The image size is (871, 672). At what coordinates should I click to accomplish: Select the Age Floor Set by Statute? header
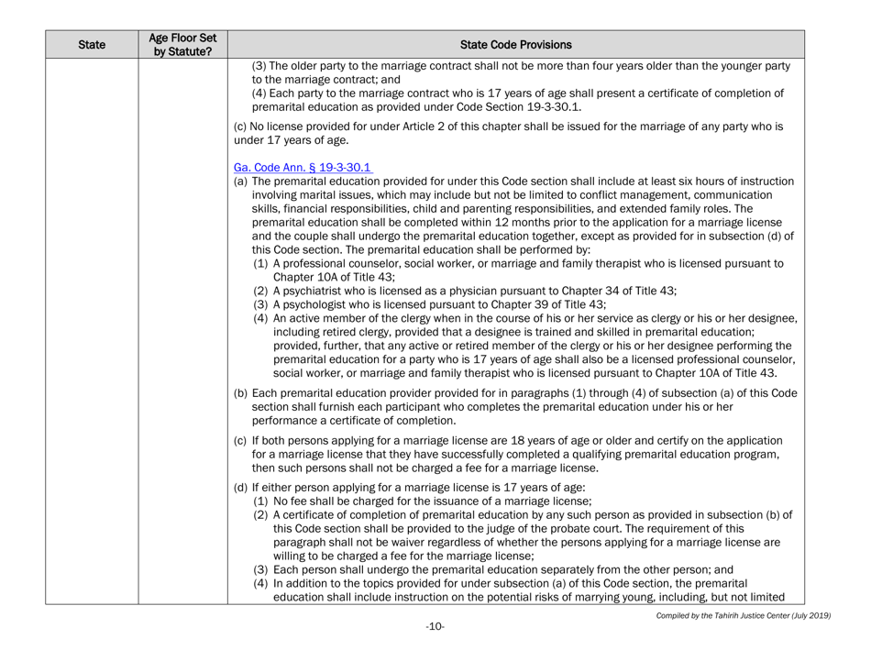click(x=181, y=42)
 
